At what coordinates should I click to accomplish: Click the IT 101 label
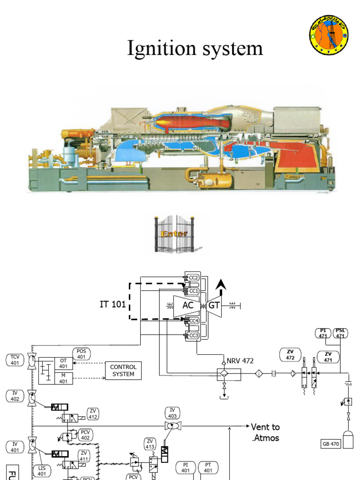pyautogui.click(x=112, y=304)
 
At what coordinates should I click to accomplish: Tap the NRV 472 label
pyautogui.click(x=240, y=361)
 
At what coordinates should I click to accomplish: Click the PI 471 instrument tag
pyautogui.click(x=323, y=333)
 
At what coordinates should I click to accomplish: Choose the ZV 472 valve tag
pyautogui.click(x=289, y=355)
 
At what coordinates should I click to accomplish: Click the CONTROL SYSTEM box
pyautogui.click(x=123, y=370)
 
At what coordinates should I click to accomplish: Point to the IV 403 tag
pyautogui.click(x=172, y=412)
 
